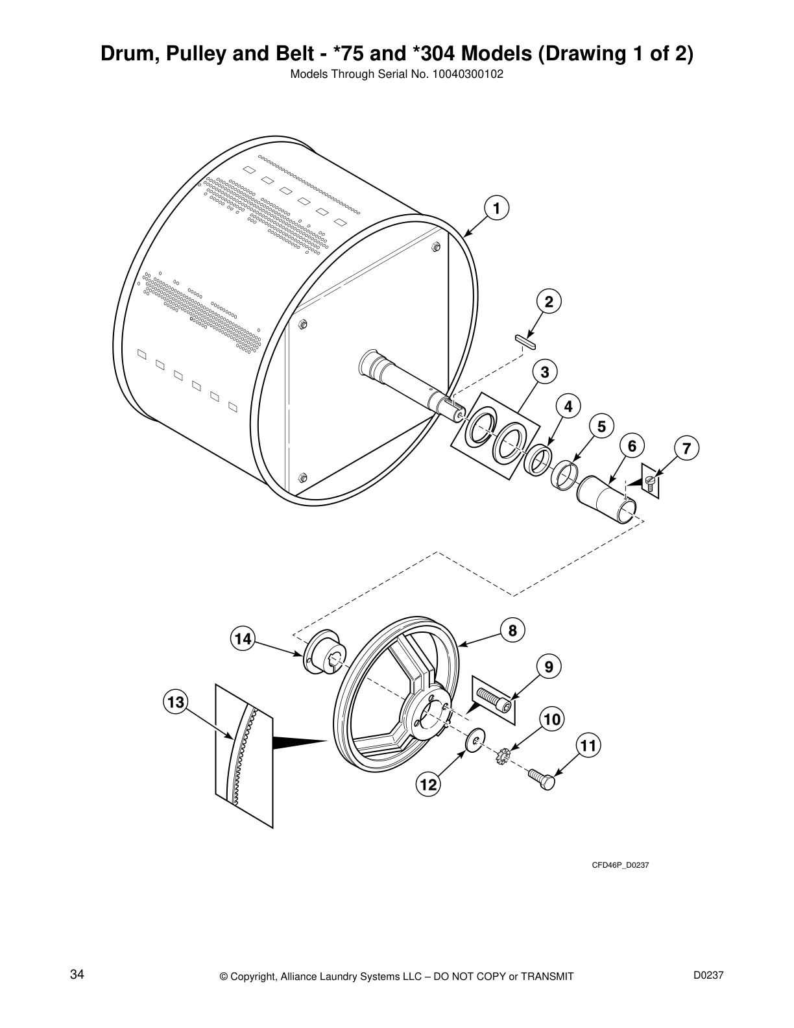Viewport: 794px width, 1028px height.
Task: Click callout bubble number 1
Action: (496, 208)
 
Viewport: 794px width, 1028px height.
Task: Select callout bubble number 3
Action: (545, 372)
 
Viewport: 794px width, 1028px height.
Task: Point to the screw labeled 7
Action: (650, 481)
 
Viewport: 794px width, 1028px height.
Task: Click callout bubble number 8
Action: (512, 630)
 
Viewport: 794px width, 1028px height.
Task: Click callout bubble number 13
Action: (175, 702)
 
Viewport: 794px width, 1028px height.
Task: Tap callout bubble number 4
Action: (568, 406)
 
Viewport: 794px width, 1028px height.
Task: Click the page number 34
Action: (77, 975)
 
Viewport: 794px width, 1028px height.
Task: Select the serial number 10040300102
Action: (468, 74)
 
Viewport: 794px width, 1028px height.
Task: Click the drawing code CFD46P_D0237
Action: (620, 866)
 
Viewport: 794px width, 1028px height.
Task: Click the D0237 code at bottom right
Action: (708, 975)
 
